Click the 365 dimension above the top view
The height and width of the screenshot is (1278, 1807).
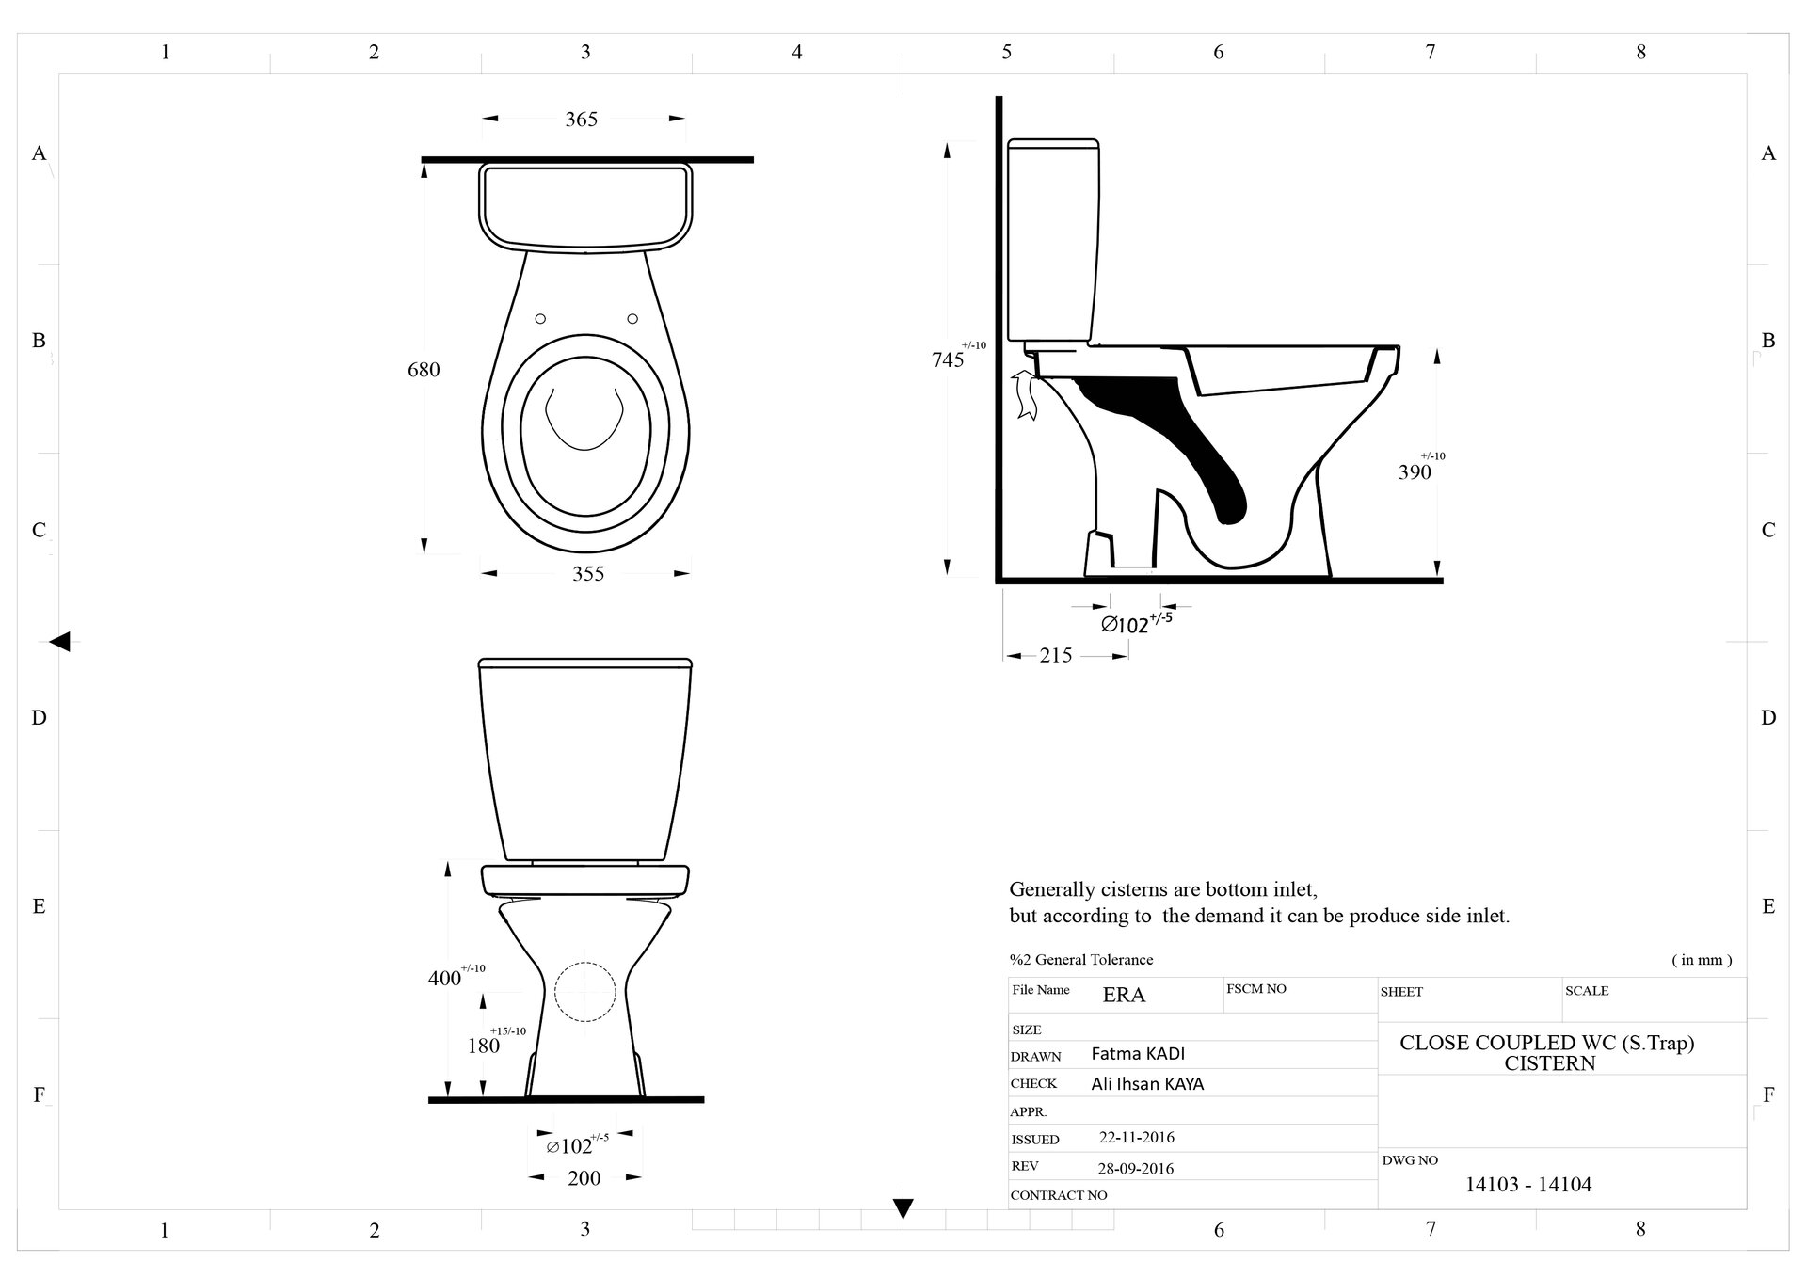pos(581,120)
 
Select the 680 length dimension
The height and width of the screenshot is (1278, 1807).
pos(424,370)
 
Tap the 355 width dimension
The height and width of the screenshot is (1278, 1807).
pos(588,573)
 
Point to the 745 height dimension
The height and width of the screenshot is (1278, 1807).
pos(948,359)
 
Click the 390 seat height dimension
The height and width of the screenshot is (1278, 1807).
pos(1415,471)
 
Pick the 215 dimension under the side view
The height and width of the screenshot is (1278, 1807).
pos(1056,655)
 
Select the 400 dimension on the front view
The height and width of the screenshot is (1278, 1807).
pos(445,978)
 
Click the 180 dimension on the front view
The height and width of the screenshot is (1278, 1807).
pos(484,1045)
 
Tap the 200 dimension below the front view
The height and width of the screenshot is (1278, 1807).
pos(584,1177)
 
